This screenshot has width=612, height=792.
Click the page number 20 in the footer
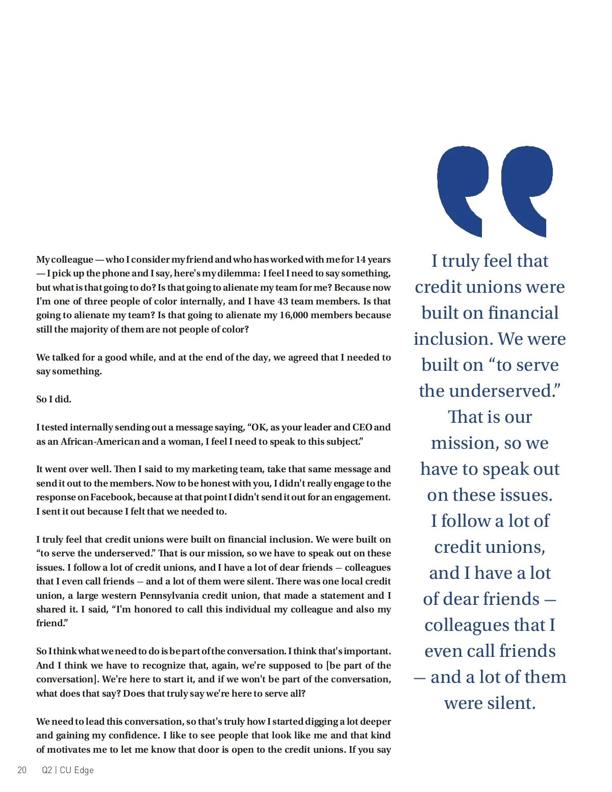coord(22,770)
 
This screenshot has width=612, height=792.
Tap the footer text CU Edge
coord(76,770)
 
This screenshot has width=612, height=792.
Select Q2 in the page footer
coord(47,770)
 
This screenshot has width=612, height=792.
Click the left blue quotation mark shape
coord(462,189)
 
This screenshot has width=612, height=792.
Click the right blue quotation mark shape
coord(526,189)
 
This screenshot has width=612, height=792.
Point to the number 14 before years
coord(361,260)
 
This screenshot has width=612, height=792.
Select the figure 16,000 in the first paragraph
coord(294,315)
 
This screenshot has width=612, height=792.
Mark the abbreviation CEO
coord(362,427)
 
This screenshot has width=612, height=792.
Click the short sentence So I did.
coord(54,399)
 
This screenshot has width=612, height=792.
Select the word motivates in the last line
coord(68,750)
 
